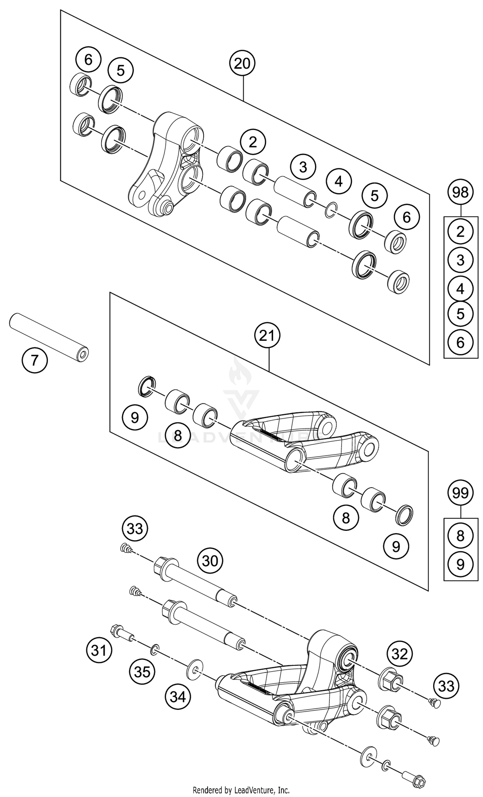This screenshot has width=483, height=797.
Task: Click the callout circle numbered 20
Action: click(x=242, y=64)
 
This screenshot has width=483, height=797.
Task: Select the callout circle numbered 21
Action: click(x=267, y=336)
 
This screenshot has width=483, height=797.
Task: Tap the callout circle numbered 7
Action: click(x=34, y=360)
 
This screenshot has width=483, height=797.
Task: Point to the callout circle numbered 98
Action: click(x=460, y=193)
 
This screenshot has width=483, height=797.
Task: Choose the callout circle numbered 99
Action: click(x=460, y=493)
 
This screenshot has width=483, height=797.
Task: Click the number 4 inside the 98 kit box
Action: click(x=460, y=288)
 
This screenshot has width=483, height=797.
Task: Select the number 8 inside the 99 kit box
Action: click(x=460, y=535)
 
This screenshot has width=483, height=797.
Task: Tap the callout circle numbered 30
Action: click(x=210, y=561)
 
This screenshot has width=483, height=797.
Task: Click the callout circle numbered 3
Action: click(x=303, y=167)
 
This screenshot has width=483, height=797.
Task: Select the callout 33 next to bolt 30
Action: click(x=135, y=529)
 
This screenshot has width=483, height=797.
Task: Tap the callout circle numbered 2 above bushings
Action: click(x=253, y=142)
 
